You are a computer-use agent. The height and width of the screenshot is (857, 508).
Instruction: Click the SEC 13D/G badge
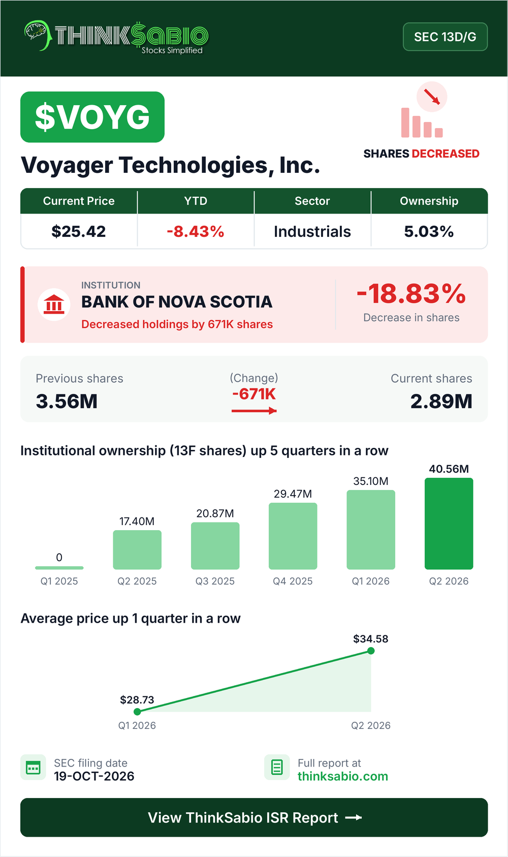tap(445, 37)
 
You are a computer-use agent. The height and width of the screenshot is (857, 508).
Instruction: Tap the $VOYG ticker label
tap(92, 117)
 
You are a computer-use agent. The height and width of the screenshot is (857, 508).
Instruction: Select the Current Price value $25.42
tap(78, 231)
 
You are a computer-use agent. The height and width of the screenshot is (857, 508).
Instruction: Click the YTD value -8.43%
tap(195, 231)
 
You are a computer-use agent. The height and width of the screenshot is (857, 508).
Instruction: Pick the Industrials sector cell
tap(312, 231)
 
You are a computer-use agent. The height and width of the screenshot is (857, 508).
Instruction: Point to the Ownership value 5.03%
tap(429, 231)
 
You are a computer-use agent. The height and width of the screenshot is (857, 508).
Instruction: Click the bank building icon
tap(54, 304)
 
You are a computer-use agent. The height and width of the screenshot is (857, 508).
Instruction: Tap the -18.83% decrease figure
tap(411, 294)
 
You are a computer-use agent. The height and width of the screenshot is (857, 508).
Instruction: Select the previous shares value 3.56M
tap(67, 402)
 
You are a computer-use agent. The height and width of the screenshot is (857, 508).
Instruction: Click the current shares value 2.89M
tap(441, 402)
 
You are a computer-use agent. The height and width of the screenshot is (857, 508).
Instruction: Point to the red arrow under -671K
tap(254, 411)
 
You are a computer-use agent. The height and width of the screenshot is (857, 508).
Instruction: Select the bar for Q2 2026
tap(449, 524)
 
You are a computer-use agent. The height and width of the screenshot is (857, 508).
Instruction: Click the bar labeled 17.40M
tap(137, 550)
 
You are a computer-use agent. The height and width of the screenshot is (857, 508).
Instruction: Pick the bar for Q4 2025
tap(293, 536)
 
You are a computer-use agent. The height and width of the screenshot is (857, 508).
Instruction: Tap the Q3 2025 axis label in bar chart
tap(215, 581)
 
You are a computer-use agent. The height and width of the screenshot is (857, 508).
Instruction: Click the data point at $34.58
tap(371, 651)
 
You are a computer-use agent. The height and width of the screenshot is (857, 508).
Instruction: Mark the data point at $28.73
tap(137, 712)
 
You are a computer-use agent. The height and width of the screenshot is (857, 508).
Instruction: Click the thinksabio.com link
tap(343, 776)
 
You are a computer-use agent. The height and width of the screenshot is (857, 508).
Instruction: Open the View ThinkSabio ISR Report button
tap(254, 817)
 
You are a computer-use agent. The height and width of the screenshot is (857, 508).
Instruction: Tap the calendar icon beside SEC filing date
tap(33, 767)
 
